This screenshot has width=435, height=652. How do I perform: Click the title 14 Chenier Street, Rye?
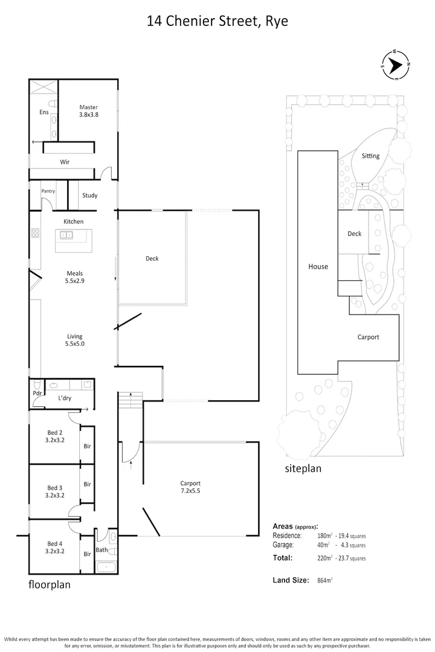pos(217,22)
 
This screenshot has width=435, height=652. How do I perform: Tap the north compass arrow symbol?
pos(396,63)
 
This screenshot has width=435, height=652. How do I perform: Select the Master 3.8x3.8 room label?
pos(88,111)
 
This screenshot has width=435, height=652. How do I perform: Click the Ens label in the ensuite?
pos(44,112)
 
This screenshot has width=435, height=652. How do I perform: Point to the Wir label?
pos(64,162)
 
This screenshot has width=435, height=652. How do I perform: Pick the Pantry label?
pos(48,191)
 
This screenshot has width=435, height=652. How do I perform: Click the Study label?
pos(89,196)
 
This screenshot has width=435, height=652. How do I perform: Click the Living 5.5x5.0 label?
pos(74,340)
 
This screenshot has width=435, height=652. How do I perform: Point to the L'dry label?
pos(65,399)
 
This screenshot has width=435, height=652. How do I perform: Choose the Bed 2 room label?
pos(55,436)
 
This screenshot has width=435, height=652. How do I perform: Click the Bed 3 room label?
pos(55,491)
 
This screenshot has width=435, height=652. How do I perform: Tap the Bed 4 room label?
pos(55,547)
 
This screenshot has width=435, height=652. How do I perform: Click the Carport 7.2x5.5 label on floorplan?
pos(190,487)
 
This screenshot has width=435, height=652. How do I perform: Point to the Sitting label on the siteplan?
pos(370,156)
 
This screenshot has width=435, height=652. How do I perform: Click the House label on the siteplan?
pos(318,266)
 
